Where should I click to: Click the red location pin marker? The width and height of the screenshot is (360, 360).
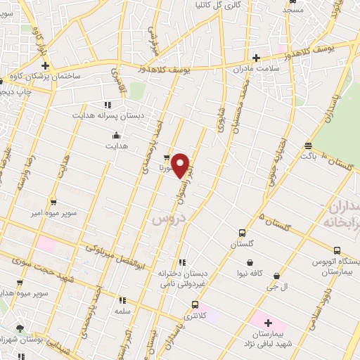pyautogui.click(x=181, y=165)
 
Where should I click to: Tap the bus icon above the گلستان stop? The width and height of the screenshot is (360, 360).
pyautogui.click(x=243, y=233)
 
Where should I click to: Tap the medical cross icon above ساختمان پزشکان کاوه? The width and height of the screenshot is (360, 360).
pyautogui.click(x=44, y=65)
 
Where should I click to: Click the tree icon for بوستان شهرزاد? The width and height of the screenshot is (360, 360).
pyautogui.click(x=20, y=328)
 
